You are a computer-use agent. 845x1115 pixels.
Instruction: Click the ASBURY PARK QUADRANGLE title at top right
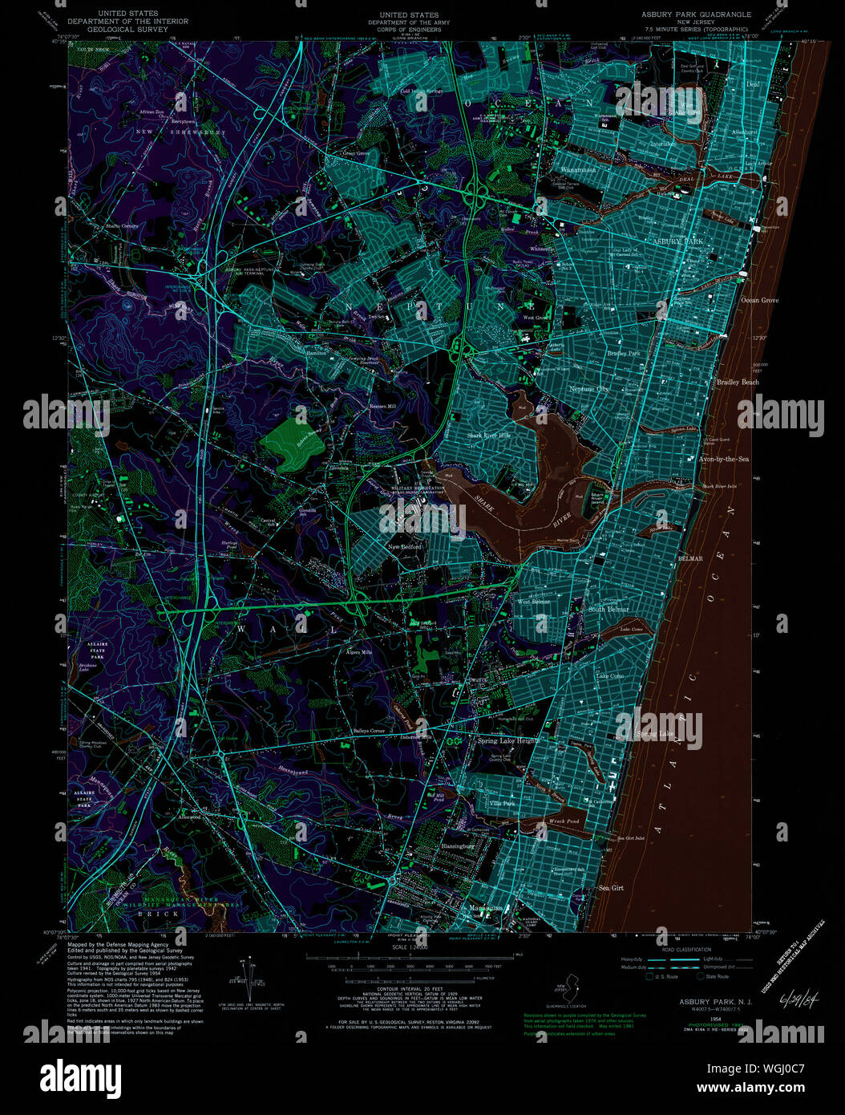coord(696,14)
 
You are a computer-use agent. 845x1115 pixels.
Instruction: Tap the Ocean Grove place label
coord(759,300)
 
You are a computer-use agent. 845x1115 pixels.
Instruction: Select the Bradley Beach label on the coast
coord(738,383)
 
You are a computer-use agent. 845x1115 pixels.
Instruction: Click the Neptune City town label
coord(589,389)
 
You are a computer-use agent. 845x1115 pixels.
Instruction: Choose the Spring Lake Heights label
coord(508,741)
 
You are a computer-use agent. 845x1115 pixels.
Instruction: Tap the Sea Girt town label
coord(611,888)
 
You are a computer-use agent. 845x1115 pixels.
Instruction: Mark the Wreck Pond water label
coord(564,821)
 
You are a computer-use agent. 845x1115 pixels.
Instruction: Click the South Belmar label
coord(608,610)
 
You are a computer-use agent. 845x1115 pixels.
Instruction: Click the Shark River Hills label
coord(489,436)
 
